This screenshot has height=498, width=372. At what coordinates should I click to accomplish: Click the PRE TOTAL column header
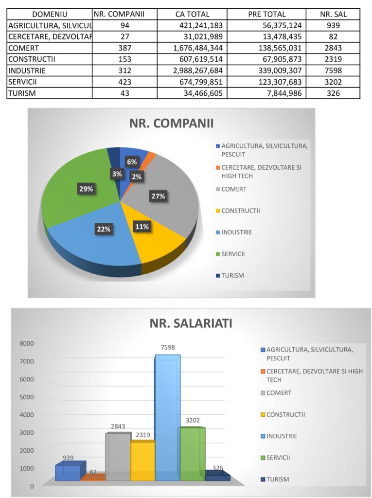coord(266,14)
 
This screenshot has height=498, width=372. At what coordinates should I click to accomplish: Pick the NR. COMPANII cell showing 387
coord(125,48)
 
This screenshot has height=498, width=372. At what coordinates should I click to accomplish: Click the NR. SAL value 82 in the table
coord(333,36)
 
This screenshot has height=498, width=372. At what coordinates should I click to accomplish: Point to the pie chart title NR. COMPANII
coord(171,123)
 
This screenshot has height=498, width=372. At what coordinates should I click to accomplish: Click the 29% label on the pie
coord(87,189)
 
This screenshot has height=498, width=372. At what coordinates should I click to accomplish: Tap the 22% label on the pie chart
coord(103,229)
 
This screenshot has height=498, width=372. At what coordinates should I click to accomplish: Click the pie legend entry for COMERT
coord(234,189)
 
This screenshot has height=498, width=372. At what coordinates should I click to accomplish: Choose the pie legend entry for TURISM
coord(232,275)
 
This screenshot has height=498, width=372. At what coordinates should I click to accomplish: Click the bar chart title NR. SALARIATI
coord(191,323)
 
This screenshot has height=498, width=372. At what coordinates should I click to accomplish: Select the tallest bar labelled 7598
coord(167,418)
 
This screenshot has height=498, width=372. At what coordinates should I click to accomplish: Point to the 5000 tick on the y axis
coord(27,397)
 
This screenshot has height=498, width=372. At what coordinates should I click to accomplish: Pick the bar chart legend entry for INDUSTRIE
coord(282,436)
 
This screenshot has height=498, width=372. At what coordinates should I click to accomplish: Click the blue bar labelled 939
coord(68,472)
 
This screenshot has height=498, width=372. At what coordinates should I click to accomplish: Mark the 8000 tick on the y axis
coord(27,343)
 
